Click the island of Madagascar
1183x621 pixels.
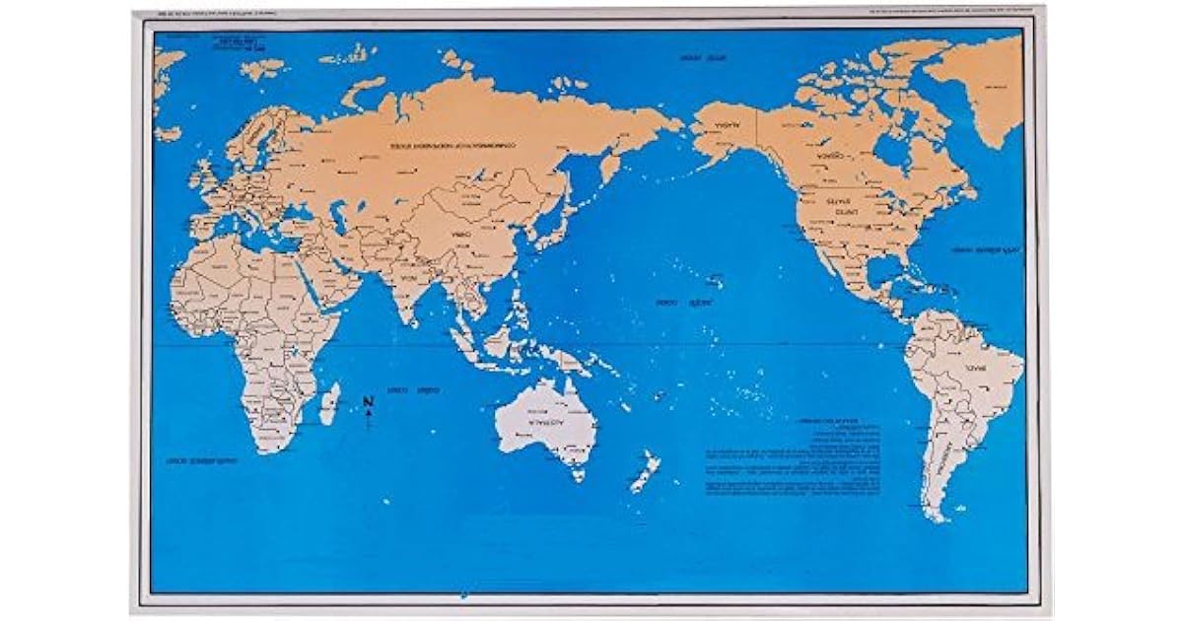point(330,403)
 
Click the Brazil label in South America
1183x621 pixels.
point(977,366)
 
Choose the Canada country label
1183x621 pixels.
point(823,155)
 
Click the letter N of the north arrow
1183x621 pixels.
point(367,401)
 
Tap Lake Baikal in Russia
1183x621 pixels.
point(482,177)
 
